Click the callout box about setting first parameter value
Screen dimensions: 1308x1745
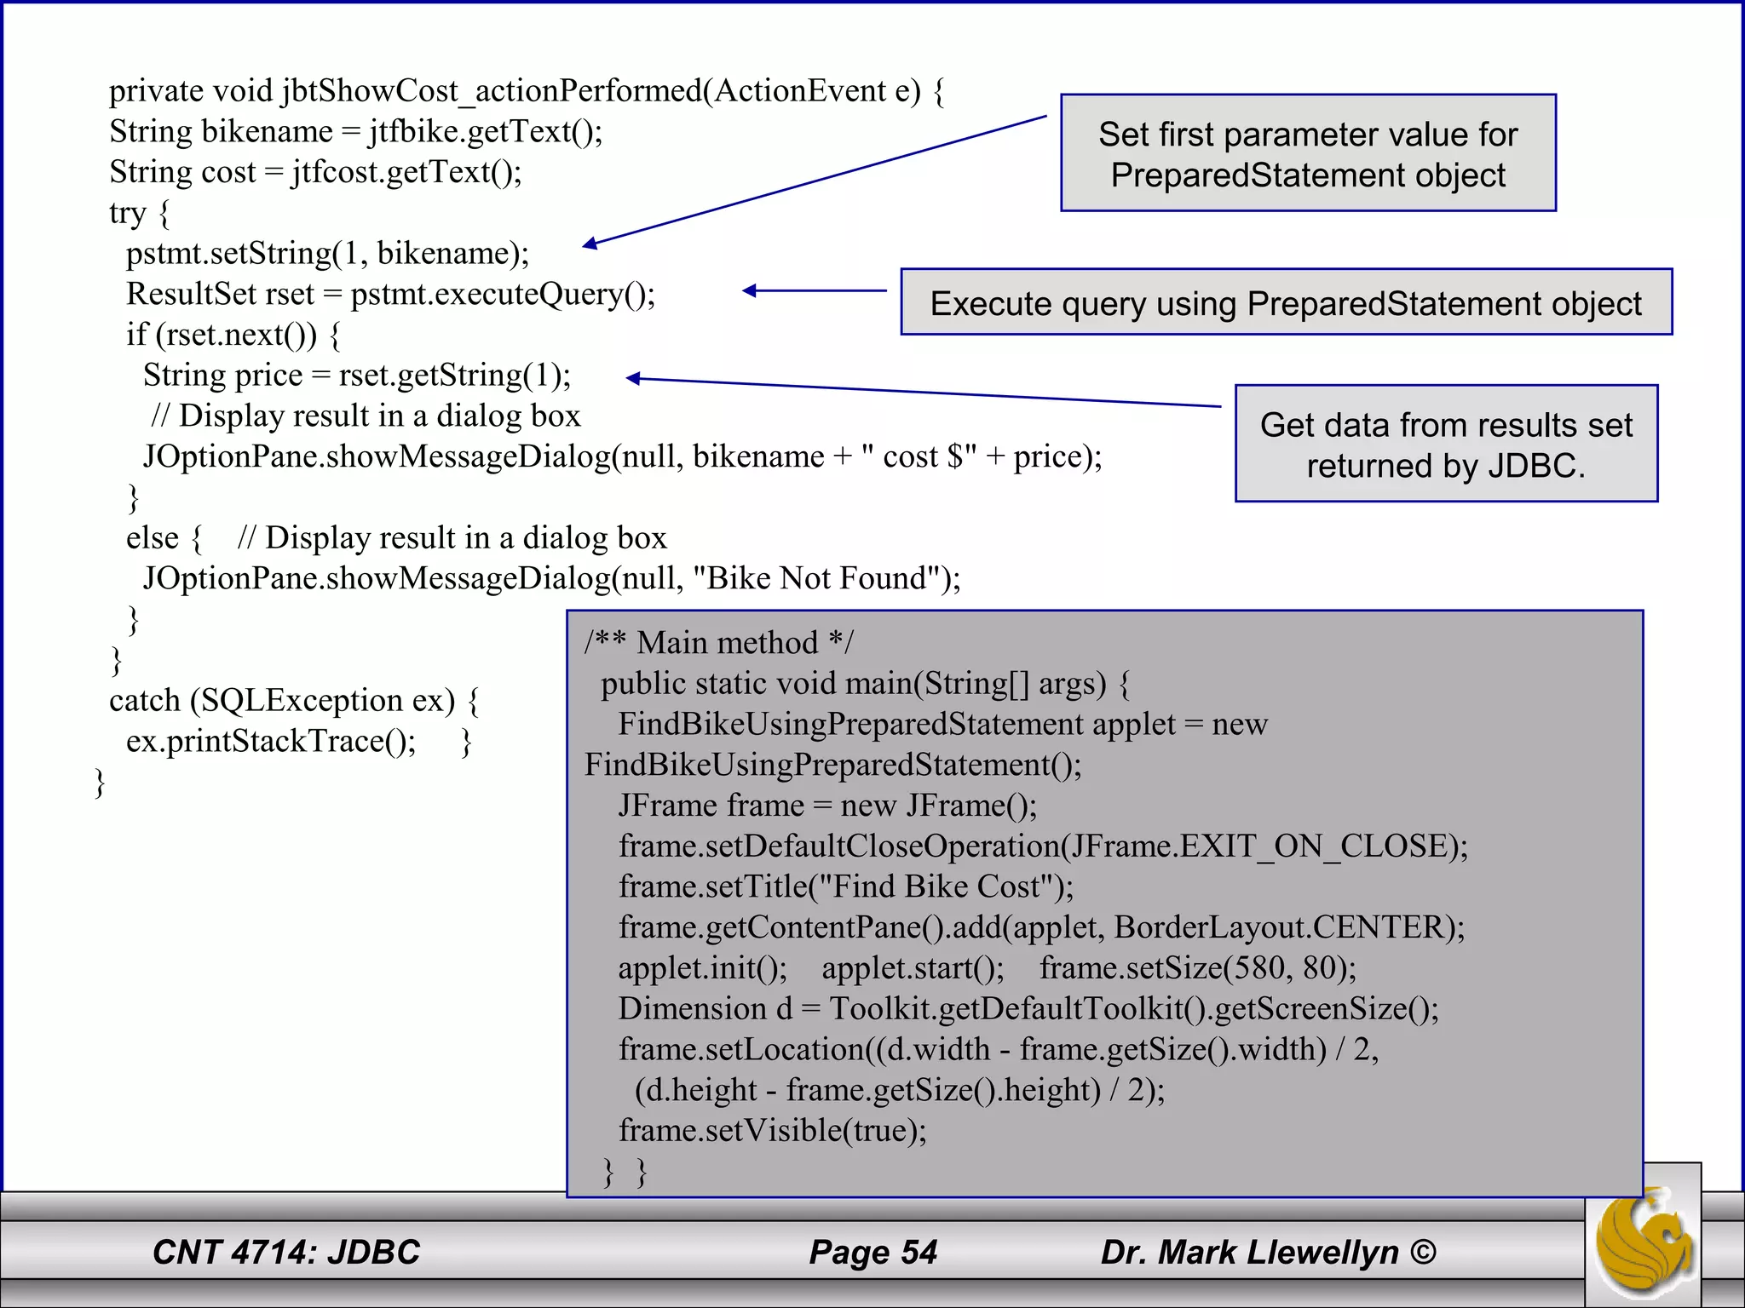[x=1308, y=153]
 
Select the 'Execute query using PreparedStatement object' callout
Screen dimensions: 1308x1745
[x=1286, y=303]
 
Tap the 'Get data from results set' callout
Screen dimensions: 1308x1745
[x=1446, y=444]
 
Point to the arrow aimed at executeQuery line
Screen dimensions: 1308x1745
[x=814, y=291]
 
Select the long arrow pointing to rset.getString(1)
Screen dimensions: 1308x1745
[x=924, y=393]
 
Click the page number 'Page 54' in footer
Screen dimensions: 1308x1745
[x=872, y=1252]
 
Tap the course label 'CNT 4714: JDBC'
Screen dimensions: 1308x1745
[x=286, y=1252]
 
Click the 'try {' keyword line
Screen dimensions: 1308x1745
[x=139, y=213]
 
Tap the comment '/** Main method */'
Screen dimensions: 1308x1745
[x=718, y=643]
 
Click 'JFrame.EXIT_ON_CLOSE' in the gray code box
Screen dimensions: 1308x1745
[x=1260, y=846]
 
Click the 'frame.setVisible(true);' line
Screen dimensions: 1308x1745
[x=772, y=1131]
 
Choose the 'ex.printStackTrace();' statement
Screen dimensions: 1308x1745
[x=271, y=742]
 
